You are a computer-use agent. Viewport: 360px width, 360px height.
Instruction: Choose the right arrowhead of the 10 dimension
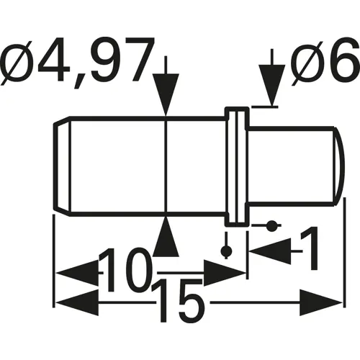[223, 274]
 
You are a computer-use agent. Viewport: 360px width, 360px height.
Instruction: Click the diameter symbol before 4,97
[22, 63]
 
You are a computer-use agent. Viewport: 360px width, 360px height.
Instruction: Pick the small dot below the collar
[227, 251]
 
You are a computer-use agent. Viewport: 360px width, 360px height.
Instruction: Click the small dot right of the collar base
[271, 227]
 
